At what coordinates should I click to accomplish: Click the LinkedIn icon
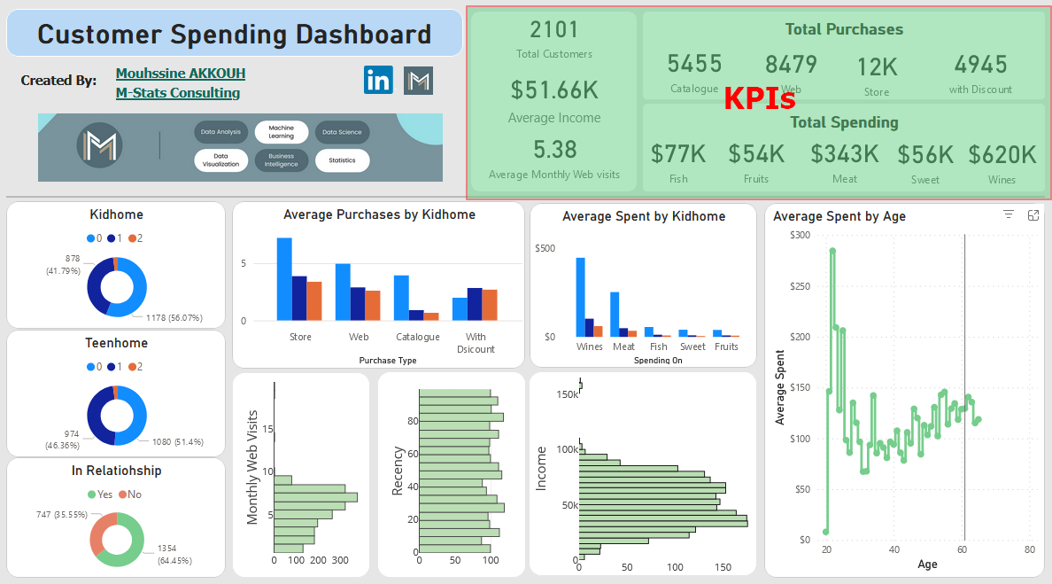tap(378, 80)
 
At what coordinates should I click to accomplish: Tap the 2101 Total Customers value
tap(554, 30)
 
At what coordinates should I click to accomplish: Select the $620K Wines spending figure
tap(1002, 155)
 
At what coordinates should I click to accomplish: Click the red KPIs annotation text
tap(759, 99)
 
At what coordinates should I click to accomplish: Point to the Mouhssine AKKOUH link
tap(181, 74)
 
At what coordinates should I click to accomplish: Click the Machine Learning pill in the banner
tap(281, 132)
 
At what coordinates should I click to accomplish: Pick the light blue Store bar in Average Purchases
tap(284, 278)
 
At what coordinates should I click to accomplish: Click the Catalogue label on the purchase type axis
tap(417, 337)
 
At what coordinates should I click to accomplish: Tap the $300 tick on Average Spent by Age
tap(800, 235)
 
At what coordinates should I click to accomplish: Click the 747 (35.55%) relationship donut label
tap(62, 515)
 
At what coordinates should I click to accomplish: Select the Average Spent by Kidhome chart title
tap(644, 216)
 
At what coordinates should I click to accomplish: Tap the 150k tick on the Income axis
tap(568, 394)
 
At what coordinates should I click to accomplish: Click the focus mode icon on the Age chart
tap(1033, 215)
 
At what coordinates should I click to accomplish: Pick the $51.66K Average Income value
tap(554, 90)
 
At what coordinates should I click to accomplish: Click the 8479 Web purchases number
tap(791, 65)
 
